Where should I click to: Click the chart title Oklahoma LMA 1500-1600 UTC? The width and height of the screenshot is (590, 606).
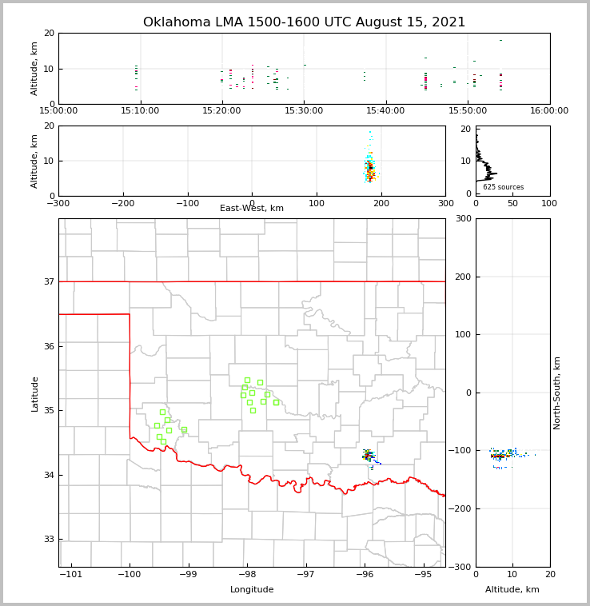coord(304,22)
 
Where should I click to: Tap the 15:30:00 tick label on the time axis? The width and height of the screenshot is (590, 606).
coord(304,110)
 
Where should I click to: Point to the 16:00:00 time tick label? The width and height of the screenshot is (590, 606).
coord(549,110)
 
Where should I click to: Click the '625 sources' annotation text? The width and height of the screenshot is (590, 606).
coord(503,187)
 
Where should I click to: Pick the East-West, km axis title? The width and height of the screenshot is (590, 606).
coord(252,209)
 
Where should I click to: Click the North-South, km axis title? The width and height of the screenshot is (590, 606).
coord(557,393)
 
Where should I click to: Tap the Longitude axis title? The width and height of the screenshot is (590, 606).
coord(252,590)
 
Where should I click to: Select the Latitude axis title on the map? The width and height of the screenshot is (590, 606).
coord(34,393)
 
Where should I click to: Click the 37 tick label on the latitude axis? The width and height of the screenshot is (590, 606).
coord(50,281)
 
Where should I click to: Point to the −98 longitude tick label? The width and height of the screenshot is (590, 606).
coord(247,575)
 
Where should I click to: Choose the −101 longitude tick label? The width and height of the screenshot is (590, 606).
coord(70,575)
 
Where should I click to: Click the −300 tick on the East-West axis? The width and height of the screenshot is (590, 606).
coord(58,203)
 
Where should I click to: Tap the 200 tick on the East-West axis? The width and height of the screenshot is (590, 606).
coord(381,203)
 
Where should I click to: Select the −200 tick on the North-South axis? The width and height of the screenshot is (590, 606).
coord(462,508)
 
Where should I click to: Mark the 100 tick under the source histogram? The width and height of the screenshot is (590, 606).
coord(549,203)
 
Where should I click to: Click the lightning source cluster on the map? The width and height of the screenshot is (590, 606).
coord(369,456)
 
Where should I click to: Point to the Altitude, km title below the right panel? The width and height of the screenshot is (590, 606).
coord(512,590)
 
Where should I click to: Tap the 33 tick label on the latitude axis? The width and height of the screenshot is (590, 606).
coord(50,539)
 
